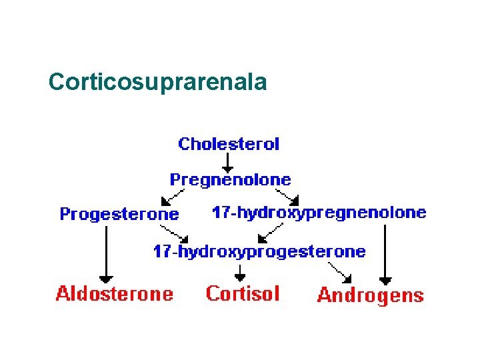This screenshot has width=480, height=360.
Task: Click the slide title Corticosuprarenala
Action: [x=157, y=82]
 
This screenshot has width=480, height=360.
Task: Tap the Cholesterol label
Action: [x=229, y=143]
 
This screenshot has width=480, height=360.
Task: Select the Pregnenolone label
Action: [x=230, y=179]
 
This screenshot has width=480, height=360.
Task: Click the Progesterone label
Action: [x=119, y=214]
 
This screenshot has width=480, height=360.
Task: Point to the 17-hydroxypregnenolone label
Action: [x=319, y=213]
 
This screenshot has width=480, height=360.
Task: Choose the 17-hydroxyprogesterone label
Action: [x=259, y=251]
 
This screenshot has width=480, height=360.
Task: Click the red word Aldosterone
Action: [x=114, y=293]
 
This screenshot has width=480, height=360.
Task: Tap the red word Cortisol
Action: [x=243, y=293]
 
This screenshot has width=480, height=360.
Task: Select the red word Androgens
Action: [x=370, y=295]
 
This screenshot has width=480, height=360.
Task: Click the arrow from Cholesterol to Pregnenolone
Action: [x=228, y=162]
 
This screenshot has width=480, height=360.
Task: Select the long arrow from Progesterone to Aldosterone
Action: [x=105, y=253]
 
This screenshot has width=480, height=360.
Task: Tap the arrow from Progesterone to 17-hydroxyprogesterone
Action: [x=176, y=233]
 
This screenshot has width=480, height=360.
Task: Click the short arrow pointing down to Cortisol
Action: [x=240, y=272]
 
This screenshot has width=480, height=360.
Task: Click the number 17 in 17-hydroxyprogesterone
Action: [x=161, y=251]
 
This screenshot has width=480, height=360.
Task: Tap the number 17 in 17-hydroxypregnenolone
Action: [x=220, y=213]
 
